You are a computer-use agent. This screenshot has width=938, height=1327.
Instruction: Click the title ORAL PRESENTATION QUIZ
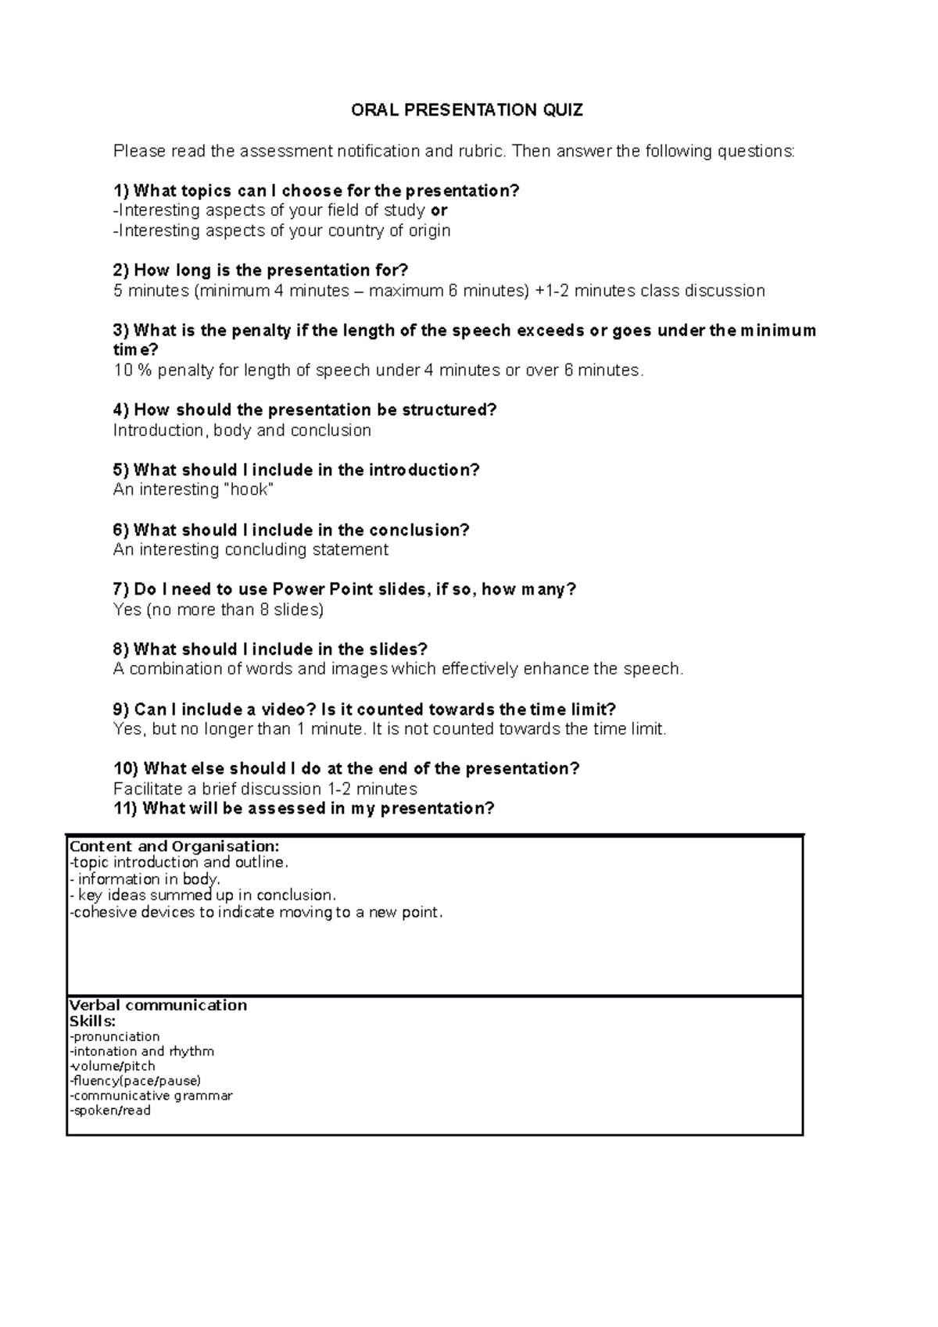(467, 110)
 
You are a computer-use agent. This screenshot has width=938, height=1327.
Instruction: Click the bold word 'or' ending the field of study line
(439, 210)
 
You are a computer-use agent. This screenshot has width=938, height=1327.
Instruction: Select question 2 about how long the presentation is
(260, 270)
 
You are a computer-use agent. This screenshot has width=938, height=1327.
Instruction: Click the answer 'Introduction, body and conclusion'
(242, 431)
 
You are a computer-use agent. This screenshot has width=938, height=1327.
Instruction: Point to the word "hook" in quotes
(249, 490)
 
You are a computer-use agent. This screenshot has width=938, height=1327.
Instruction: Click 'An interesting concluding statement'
(250, 550)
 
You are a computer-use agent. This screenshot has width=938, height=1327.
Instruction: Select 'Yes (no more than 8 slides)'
(218, 610)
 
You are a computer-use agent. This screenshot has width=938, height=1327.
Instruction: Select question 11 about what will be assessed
(304, 809)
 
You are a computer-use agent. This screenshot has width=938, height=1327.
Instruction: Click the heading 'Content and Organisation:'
(174, 846)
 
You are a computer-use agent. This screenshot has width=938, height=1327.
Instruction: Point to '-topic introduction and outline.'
(179, 863)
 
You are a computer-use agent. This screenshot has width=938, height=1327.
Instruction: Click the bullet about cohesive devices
(256, 913)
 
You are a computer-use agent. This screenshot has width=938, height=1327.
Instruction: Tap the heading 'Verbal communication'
(158, 1006)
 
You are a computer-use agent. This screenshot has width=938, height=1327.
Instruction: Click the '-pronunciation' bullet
(115, 1037)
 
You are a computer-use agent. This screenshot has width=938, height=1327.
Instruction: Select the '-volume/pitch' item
(113, 1066)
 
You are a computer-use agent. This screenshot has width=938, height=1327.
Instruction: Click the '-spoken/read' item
(110, 1111)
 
